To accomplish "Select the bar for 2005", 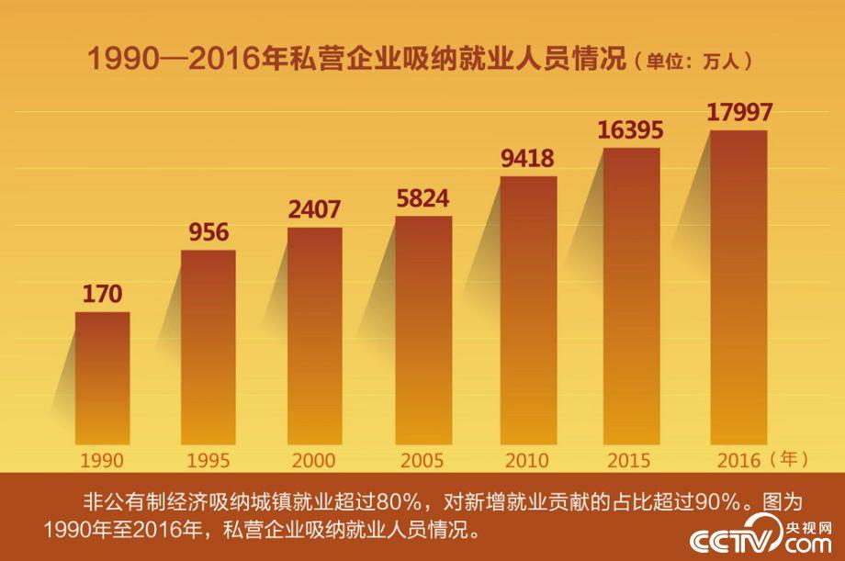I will coord(423,331).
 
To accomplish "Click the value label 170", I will coord(102,295).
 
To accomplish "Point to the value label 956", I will coord(208,232).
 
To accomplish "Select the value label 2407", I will coord(314,209).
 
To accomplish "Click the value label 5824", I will coord(422,197).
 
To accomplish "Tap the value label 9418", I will coord(527,158).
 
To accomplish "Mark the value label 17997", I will coord(739,112).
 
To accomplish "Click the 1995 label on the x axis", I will coord(208,460).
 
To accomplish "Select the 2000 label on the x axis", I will coord(314,460).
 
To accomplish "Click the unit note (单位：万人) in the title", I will coord(694,61).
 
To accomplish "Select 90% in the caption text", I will coord(714,502).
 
